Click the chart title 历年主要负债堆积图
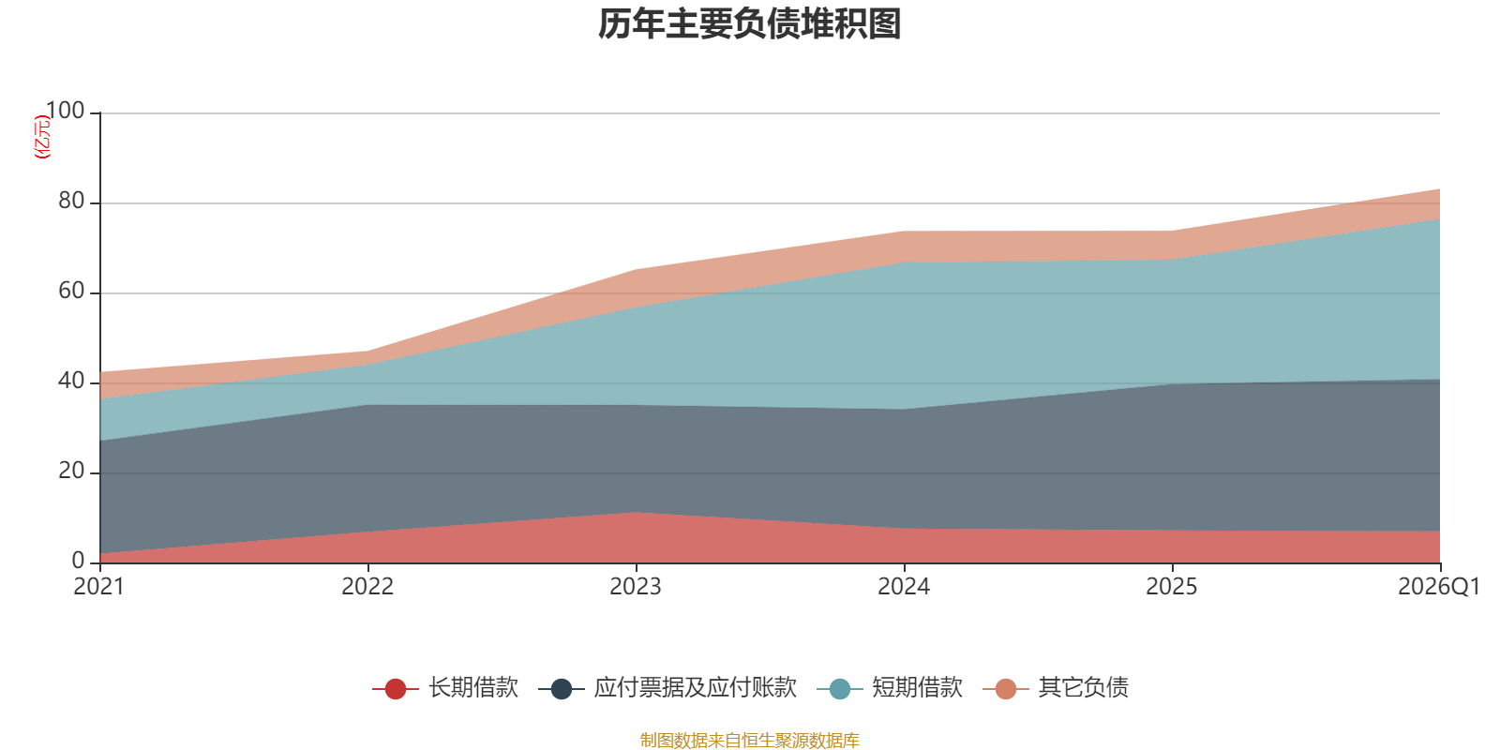coord(749,24)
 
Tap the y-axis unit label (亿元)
coord(42,137)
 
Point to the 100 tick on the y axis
coord(65,111)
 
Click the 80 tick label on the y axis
coord(71,201)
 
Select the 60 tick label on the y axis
coord(71,292)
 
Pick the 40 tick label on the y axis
coord(71,381)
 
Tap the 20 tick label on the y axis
coord(71,472)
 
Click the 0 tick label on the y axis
coord(79,562)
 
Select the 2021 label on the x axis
coord(99,587)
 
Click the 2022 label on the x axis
coord(367,587)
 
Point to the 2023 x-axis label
coord(636,587)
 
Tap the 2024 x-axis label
coord(904,587)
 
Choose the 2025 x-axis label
coord(1172,587)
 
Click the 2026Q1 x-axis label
coord(1439,587)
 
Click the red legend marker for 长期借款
coord(395,688)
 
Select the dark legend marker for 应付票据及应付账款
coord(562,688)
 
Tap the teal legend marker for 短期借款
coord(840,688)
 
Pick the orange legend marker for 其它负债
coord(1006,688)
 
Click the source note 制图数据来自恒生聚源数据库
coord(749,740)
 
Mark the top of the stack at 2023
coord(637,270)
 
